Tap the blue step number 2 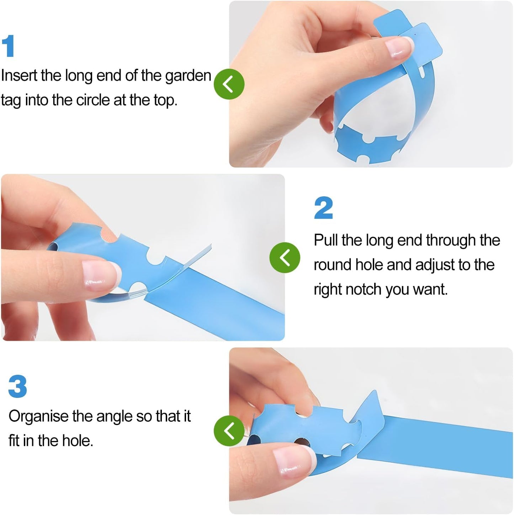(324, 208)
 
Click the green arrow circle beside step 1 (229, 84)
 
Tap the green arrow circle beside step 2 (285, 258)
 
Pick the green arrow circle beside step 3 (229, 431)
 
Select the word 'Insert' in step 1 (19, 75)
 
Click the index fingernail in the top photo (400, 47)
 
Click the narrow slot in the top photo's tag (423, 73)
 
